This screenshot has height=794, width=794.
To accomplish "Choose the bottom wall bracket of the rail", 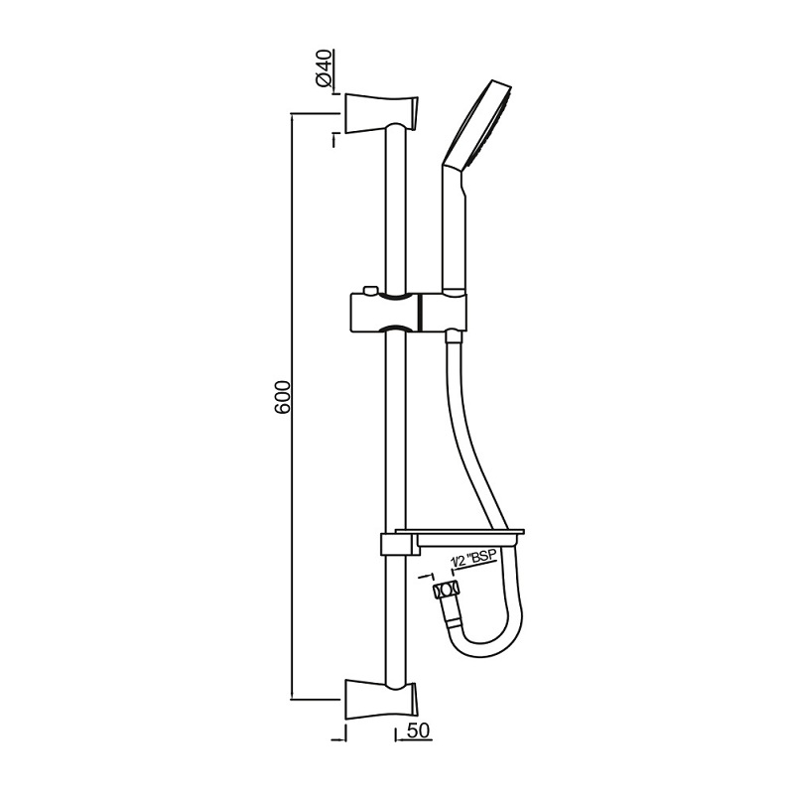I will click(x=382, y=700).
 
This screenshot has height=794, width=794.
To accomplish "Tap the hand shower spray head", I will click(x=482, y=123).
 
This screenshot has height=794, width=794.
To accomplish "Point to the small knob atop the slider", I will click(x=370, y=290).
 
